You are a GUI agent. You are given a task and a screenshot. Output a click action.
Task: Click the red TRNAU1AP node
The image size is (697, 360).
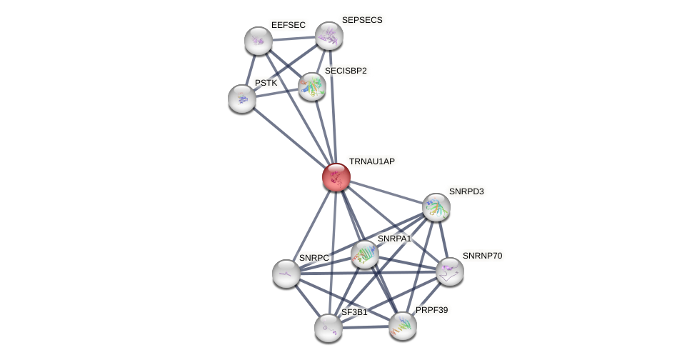point(336,177)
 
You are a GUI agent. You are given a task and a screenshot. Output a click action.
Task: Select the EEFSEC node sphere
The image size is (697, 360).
point(258,41)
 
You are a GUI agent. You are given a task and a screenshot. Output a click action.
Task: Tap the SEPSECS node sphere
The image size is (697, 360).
point(329,36)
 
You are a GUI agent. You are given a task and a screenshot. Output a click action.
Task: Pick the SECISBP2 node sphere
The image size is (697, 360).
point(312,86)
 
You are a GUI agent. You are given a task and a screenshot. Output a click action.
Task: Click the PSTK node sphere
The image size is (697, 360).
point(242,99)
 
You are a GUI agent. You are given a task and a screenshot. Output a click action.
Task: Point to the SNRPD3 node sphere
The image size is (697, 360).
point(436,207)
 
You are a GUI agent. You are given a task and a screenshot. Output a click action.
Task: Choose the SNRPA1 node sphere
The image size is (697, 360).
point(364,254)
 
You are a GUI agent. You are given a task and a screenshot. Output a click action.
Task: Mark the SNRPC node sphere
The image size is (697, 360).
point(286,274)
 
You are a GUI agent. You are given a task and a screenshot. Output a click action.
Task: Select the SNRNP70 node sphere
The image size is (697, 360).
point(449,271)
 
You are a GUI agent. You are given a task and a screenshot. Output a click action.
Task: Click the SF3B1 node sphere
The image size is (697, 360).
point(329,328)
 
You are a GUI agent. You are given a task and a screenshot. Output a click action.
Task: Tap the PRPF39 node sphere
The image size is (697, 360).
point(403,326)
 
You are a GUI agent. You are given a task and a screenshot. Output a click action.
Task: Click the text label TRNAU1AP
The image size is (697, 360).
point(371,161)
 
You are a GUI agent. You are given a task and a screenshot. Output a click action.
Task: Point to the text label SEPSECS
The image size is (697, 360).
point(362,20)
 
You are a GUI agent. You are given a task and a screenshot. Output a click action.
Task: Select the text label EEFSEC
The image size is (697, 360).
point(288,25)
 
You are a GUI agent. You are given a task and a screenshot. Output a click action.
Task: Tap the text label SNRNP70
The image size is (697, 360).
point(482,256)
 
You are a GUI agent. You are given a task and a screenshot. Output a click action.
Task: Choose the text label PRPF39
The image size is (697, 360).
point(431,310)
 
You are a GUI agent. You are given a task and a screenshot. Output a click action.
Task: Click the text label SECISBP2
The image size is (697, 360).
point(346,71)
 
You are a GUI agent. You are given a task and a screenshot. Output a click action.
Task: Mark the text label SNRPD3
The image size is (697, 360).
point(466,191)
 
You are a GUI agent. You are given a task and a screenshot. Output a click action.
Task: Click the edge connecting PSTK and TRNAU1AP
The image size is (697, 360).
point(289,138)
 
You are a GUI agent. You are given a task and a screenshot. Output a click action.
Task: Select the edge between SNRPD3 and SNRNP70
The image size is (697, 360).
point(443,239)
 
